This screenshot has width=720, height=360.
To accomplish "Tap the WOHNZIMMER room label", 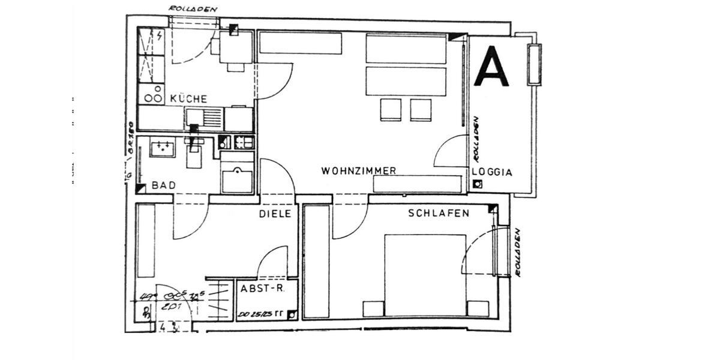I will (x=359, y=171).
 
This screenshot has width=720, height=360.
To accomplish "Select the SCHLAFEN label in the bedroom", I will (x=439, y=213).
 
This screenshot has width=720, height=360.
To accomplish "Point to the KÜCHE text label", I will (x=188, y=98).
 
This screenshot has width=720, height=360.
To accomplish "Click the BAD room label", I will (x=163, y=186).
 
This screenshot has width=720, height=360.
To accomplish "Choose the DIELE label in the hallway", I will (x=275, y=214).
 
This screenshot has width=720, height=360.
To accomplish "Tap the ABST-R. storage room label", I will (x=262, y=289).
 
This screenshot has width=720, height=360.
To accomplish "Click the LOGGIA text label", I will (x=492, y=172).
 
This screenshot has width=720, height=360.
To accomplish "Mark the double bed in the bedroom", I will (x=425, y=275).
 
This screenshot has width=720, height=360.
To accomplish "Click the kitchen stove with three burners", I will (x=151, y=95).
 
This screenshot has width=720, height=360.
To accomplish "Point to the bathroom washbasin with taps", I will (x=162, y=147).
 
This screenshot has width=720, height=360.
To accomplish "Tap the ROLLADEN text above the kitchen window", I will (x=193, y=9).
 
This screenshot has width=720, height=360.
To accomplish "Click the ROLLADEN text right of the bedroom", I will (x=517, y=252).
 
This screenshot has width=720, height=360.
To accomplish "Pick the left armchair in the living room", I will (x=391, y=109).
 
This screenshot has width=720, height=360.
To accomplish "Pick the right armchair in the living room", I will (x=421, y=109).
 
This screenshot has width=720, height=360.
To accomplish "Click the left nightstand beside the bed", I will (x=373, y=308).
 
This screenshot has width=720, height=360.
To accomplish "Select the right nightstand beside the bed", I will (x=478, y=308).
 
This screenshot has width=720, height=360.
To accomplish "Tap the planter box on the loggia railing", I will (x=534, y=64).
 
